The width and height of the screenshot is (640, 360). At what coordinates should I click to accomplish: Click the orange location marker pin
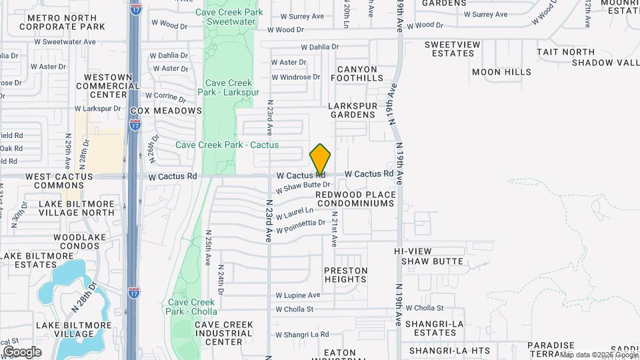click(321, 160)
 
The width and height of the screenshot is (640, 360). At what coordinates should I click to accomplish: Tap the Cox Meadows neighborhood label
click(166, 110)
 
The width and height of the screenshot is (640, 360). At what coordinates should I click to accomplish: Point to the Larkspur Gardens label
click(352, 110)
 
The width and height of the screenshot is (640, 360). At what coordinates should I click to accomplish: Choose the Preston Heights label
click(345, 275)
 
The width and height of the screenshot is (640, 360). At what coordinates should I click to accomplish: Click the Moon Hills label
click(501, 72)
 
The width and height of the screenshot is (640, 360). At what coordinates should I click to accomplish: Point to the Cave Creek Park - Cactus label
click(227, 145)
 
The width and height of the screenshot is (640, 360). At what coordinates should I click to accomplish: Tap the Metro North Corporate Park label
click(63, 21)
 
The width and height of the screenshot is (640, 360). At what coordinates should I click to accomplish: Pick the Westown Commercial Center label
click(108, 85)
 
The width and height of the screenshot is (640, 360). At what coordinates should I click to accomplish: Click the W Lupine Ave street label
click(298, 295)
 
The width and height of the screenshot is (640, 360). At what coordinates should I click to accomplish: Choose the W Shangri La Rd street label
click(302, 334)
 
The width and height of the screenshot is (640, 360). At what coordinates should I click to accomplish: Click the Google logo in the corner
click(22, 351)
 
